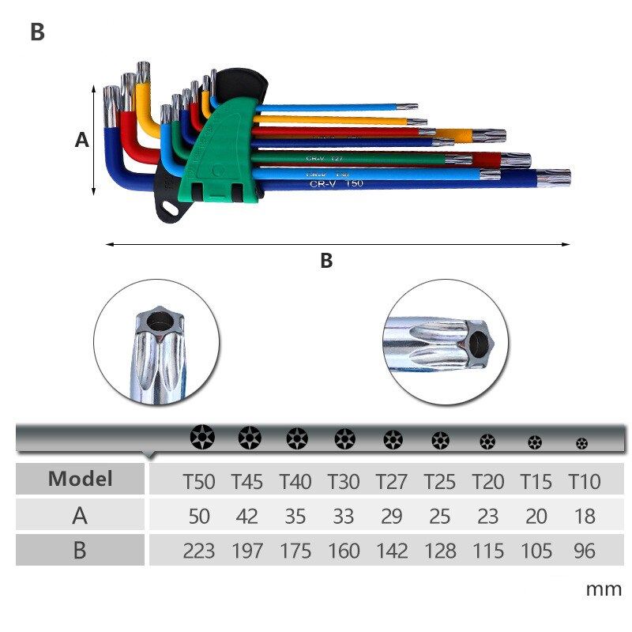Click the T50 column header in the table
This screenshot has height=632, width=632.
click(198, 480)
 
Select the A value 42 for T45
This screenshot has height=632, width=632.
click(247, 516)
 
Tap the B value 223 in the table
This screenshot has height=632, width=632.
click(198, 551)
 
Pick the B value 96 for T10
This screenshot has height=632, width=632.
click(584, 551)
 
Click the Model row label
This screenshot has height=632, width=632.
click(80, 478)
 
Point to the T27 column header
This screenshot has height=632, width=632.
click(391, 480)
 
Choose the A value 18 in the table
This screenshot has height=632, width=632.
click(584, 516)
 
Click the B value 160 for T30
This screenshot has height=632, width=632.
click(344, 551)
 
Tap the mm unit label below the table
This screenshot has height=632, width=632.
click(604, 589)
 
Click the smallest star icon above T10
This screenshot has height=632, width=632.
click(582, 443)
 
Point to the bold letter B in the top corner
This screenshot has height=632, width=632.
click(37, 32)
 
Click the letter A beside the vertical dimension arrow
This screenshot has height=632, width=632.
click(81, 140)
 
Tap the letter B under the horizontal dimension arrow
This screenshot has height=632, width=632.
click(326, 261)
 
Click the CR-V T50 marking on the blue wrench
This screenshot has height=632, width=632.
click(336, 183)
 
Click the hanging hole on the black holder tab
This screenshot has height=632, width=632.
click(170, 209)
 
